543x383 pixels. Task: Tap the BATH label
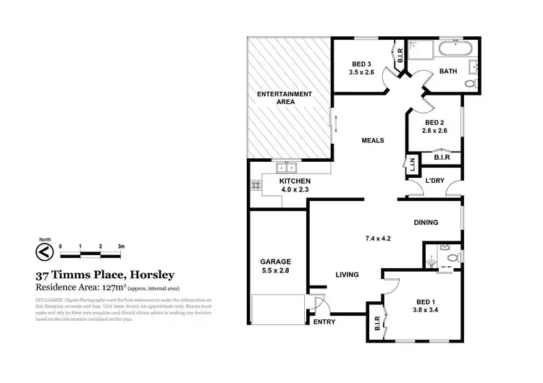tap(448, 71)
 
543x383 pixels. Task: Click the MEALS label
tap(372, 140)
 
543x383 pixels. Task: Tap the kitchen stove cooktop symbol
tap(256, 185)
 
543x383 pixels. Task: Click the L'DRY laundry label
tap(434, 181)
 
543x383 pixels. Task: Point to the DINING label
tap(426, 223)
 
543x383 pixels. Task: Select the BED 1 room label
tap(426, 304)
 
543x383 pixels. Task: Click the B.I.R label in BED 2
tap(441, 157)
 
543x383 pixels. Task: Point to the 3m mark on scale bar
tap(122, 246)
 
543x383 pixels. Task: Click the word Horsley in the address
tap(151, 275)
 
